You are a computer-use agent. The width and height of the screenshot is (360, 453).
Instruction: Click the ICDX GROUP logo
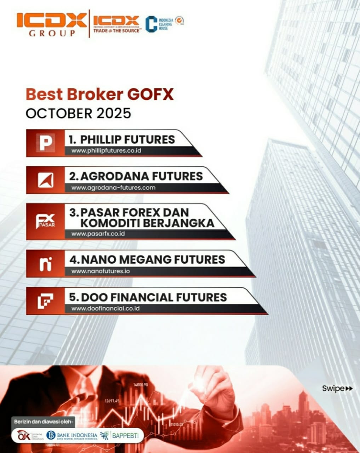(x=52, y=24)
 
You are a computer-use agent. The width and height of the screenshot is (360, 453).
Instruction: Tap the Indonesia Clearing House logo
(x=159, y=24)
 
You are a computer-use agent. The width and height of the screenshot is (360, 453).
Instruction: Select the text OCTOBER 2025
(x=78, y=113)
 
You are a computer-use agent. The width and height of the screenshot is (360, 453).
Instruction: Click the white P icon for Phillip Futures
(x=46, y=143)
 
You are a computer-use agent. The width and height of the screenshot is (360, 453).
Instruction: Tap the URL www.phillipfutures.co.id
(x=106, y=150)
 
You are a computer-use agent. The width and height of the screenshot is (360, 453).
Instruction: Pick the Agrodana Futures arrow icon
(x=46, y=180)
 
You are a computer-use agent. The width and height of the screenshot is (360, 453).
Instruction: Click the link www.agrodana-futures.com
(x=113, y=188)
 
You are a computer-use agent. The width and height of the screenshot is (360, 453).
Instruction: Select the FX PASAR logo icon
(x=46, y=221)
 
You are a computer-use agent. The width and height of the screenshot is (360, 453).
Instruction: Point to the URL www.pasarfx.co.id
(x=98, y=234)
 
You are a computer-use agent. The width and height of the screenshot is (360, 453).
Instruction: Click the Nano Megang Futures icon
(x=46, y=264)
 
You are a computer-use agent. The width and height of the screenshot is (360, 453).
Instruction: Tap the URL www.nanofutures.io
(x=101, y=271)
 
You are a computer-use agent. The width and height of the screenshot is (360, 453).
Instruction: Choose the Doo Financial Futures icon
(x=46, y=301)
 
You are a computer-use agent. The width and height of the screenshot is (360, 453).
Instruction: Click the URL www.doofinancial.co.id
(x=105, y=308)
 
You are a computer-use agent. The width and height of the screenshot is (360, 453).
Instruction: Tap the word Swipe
(x=333, y=388)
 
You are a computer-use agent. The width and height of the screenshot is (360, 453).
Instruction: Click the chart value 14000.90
(x=141, y=385)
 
